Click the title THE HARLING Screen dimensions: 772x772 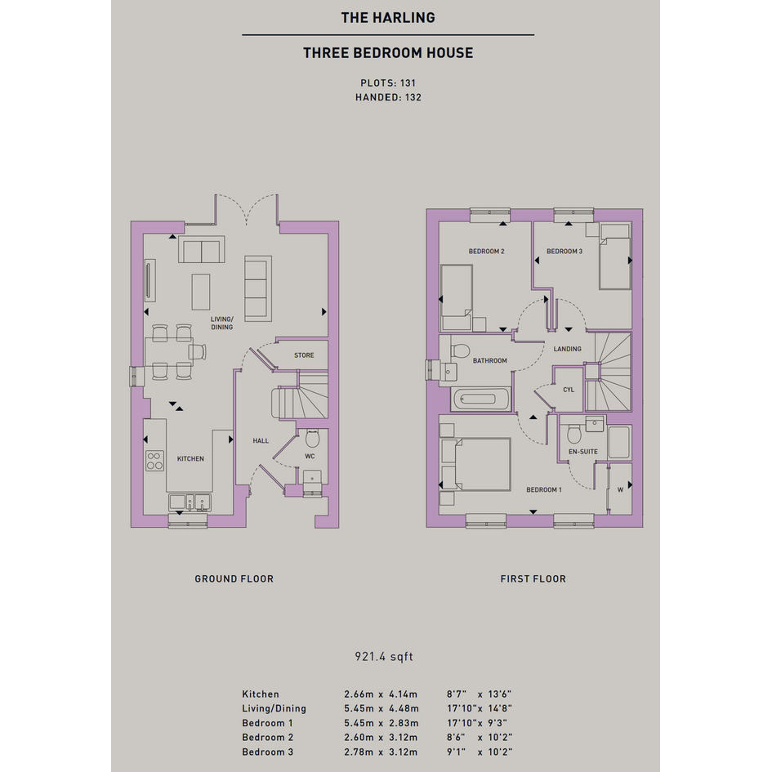388,18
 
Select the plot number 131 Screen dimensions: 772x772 408,83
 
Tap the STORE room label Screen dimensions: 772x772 304,355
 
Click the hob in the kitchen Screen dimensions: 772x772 154,461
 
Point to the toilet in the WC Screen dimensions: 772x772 312,438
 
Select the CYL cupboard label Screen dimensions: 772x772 569,390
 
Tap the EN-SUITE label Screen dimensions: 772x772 583,452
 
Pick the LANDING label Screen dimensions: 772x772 567,349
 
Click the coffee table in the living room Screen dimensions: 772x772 201,292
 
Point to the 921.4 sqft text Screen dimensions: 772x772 384,656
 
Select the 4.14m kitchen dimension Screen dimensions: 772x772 403,694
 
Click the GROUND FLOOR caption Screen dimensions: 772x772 234,579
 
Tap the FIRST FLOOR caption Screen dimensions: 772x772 533,579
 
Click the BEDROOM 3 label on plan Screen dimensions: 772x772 564,251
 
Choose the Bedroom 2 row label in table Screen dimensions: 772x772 267,738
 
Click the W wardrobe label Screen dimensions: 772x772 620,489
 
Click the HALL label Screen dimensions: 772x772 261,440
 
